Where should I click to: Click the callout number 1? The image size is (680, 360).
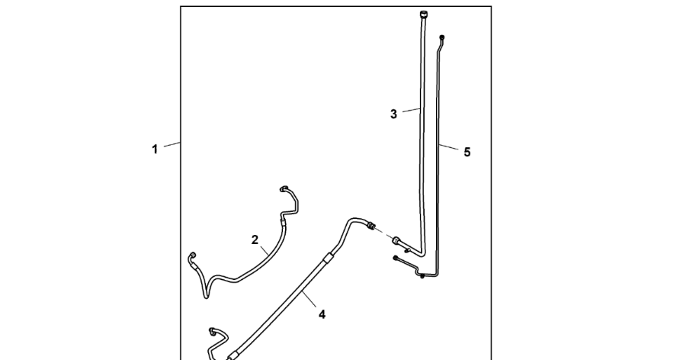pyautogui.click(x=155, y=149)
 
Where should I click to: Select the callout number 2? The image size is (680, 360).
pyautogui.click(x=255, y=240)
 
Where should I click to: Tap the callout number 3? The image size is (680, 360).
pyautogui.click(x=393, y=114)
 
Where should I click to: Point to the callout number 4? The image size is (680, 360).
pyautogui.click(x=322, y=313)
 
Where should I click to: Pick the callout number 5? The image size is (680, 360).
pyautogui.click(x=467, y=152)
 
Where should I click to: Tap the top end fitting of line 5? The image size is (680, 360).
pyautogui.click(x=443, y=38)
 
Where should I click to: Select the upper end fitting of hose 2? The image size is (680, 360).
pyautogui.click(x=284, y=188)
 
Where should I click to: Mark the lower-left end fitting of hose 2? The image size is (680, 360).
pyautogui.click(x=192, y=256)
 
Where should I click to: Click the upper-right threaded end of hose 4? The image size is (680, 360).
pyautogui.click(x=372, y=226)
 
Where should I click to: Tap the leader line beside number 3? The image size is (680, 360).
pyautogui.click(x=411, y=111)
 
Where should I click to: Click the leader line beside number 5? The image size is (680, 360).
pyautogui.click(x=451, y=146)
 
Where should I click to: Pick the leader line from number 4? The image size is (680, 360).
pyautogui.click(x=307, y=299)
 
